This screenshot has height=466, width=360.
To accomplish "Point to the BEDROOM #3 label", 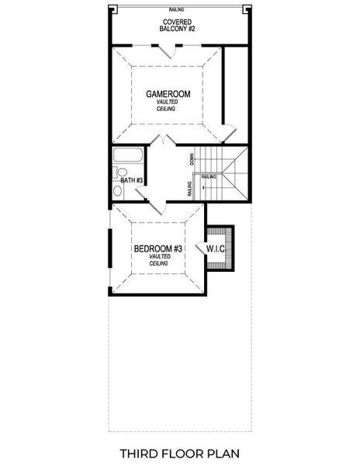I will pyautogui.click(x=157, y=249).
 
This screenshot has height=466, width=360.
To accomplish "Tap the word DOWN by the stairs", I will pyautogui.click(x=191, y=159).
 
